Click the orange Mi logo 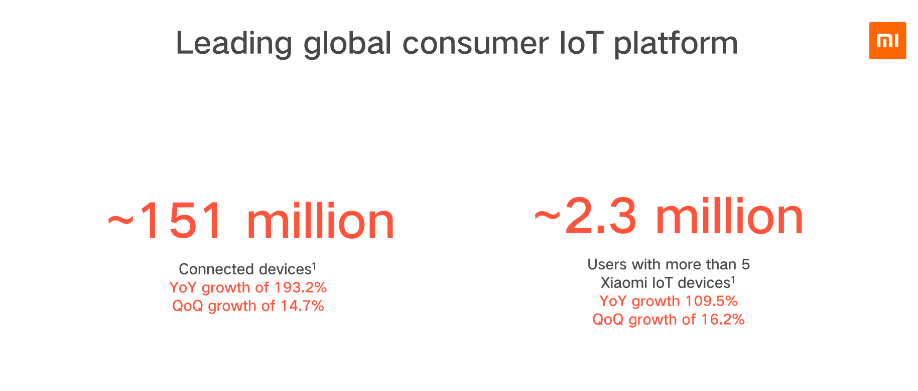(887, 41)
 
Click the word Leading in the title (234, 44)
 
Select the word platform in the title (676, 44)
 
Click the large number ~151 (166, 221)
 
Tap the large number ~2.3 (585, 216)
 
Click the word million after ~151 (321, 221)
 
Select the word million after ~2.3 (729, 216)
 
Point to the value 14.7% (302, 306)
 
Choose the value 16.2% (723, 320)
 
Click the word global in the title (347, 44)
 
